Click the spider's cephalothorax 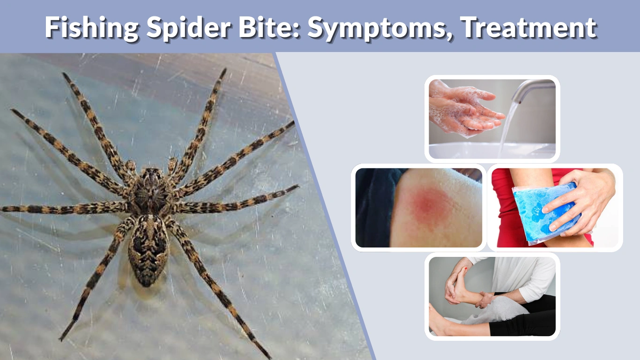(150, 190)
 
